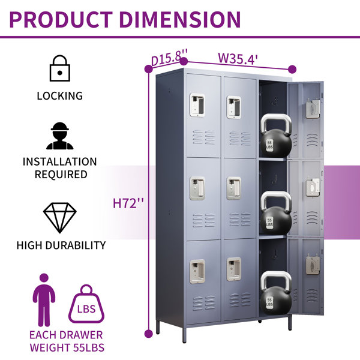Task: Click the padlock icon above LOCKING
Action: click(59, 68)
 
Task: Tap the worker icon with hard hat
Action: click(59, 136)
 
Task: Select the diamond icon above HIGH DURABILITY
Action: click(60, 218)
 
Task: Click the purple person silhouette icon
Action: click(44, 300)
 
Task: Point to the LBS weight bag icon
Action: click(86, 304)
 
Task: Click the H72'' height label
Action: click(128, 203)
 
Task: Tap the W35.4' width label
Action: click(238, 59)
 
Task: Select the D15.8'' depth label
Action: click(169, 58)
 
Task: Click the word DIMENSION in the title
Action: click(180, 20)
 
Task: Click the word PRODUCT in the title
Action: click(61, 20)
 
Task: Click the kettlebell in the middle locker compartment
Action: click(276, 213)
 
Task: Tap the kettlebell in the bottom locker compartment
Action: click(276, 293)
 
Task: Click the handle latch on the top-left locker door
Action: click(197, 105)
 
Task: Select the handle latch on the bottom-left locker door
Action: click(197, 271)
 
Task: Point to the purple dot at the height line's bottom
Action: click(149, 334)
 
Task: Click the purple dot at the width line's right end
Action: click(292, 69)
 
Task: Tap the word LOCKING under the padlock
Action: click(59, 96)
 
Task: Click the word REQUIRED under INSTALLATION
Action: click(61, 174)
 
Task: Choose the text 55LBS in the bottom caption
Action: click(89, 347)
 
